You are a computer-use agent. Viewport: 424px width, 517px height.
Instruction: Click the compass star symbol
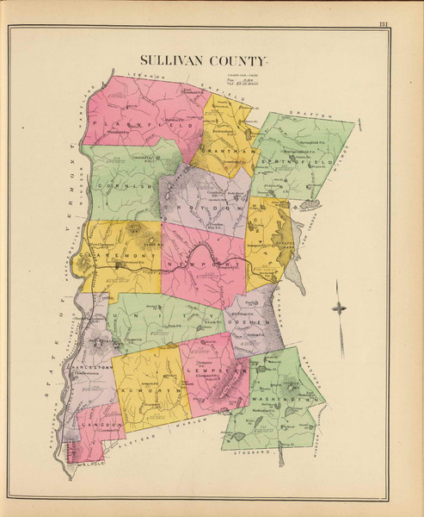(x=341, y=308)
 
